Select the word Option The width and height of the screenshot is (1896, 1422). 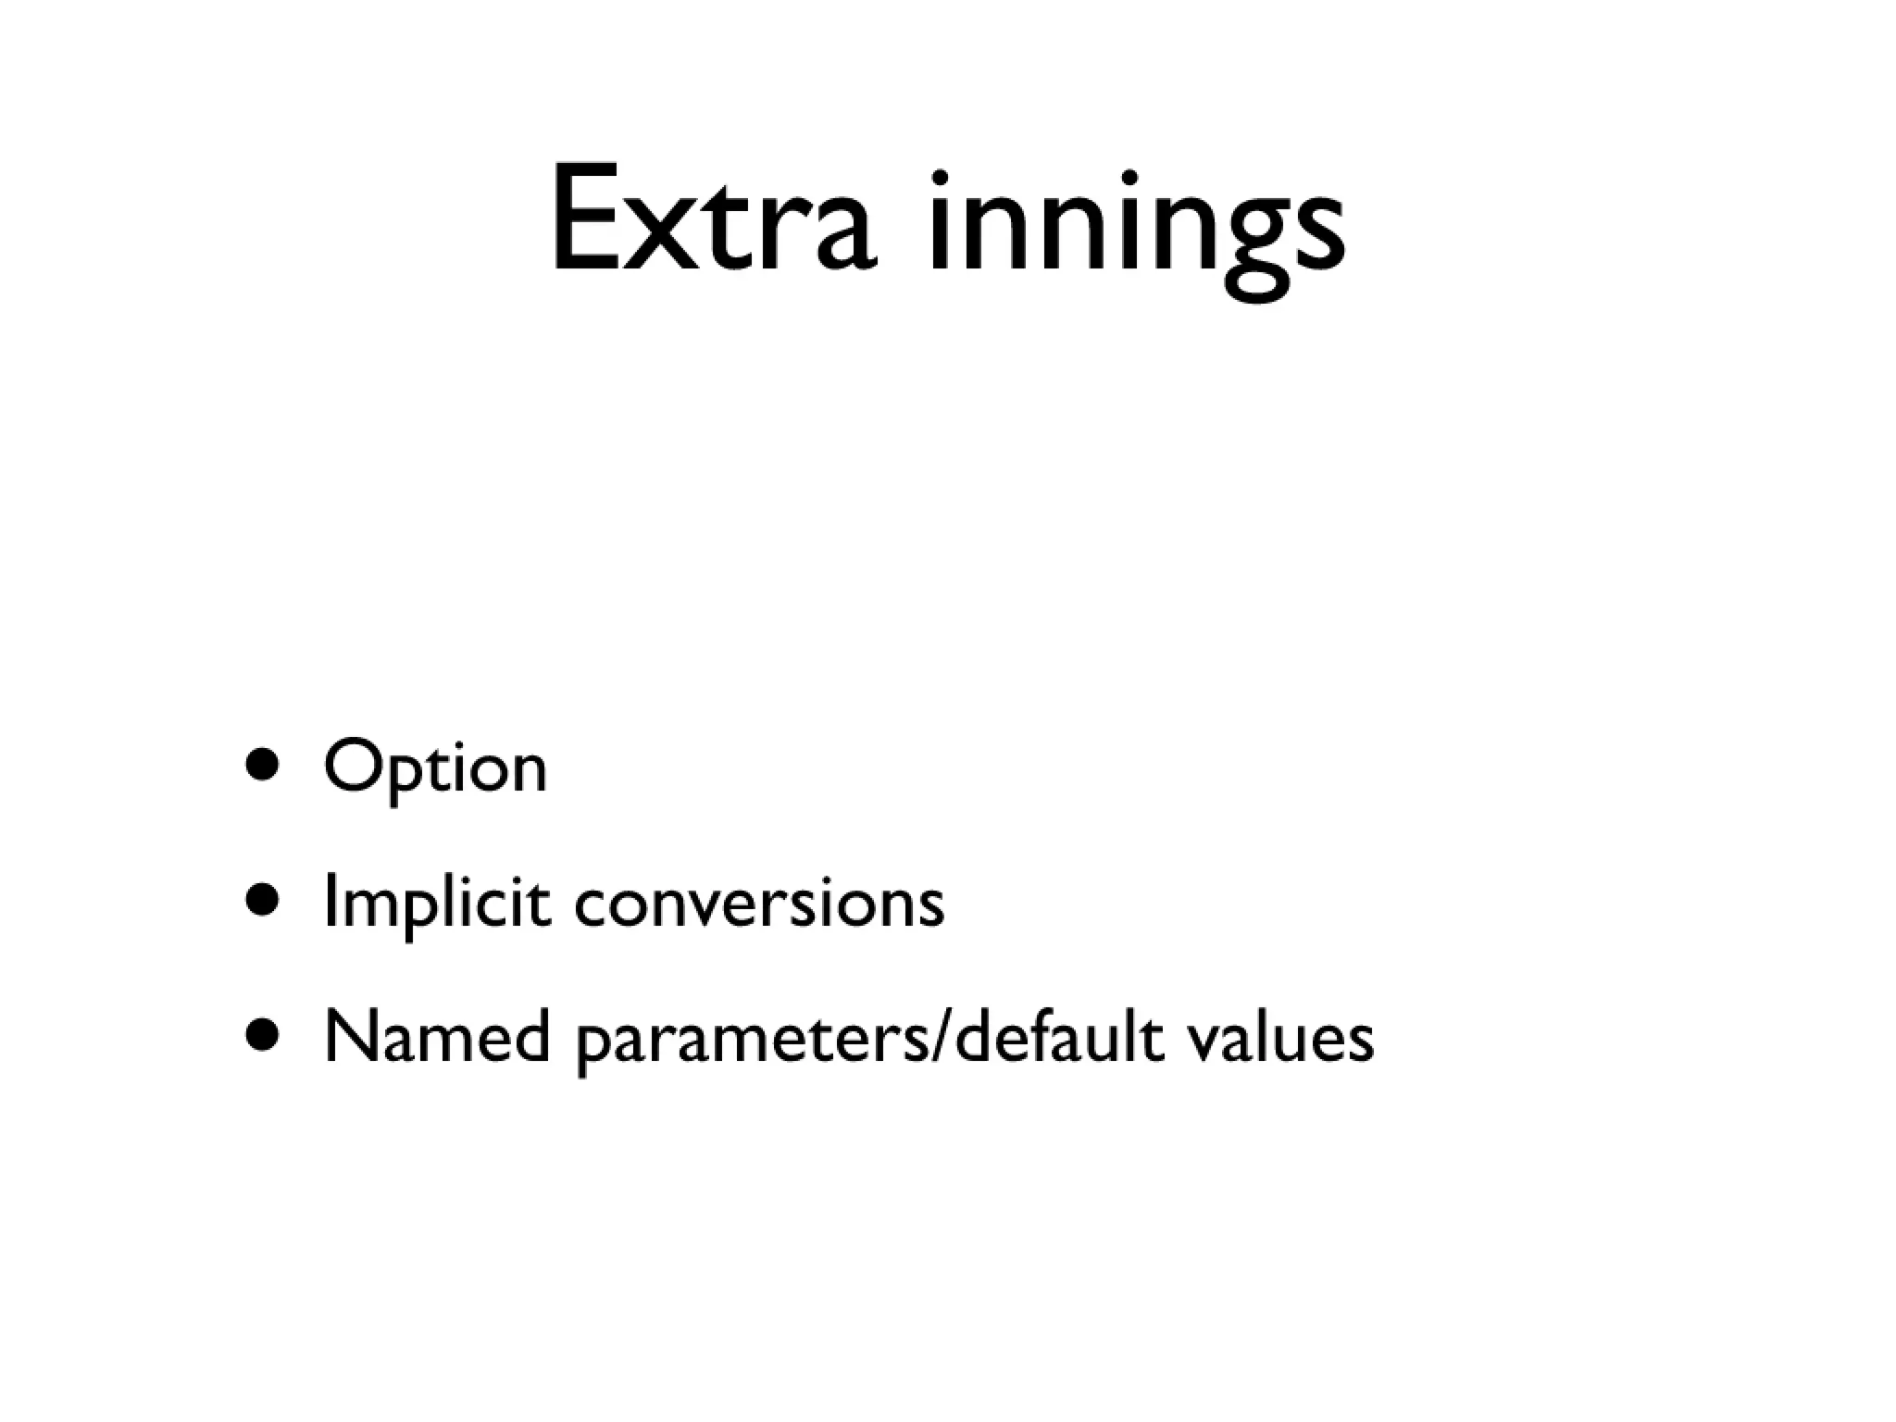tap(435, 768)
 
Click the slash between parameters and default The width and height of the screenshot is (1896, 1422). tap(942, 1037)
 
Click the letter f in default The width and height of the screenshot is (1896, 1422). tap(1064, 1033)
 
